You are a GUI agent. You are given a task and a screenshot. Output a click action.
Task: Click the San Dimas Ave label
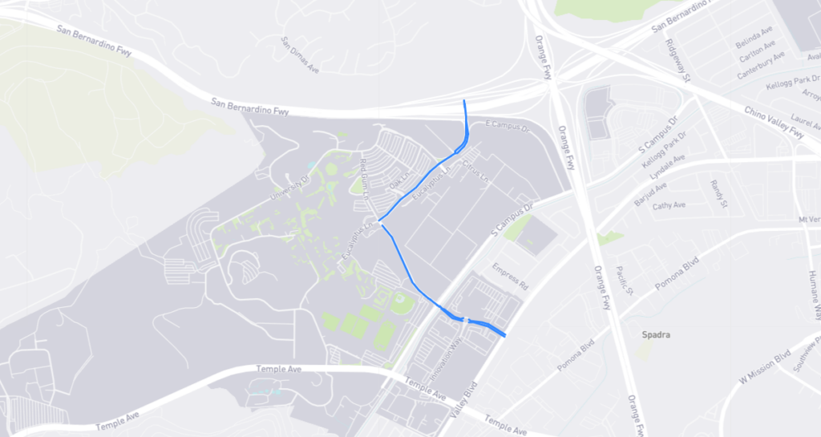300,55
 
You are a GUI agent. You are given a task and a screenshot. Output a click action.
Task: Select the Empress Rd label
511,276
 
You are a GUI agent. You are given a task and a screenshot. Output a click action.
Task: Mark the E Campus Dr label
509,127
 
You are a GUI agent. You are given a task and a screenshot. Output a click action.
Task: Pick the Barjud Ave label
650,194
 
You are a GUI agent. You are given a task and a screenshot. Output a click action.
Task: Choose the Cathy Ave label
669,206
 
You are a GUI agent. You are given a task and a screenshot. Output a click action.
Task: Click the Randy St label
718,193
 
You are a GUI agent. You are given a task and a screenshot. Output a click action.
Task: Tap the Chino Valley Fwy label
774,123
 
